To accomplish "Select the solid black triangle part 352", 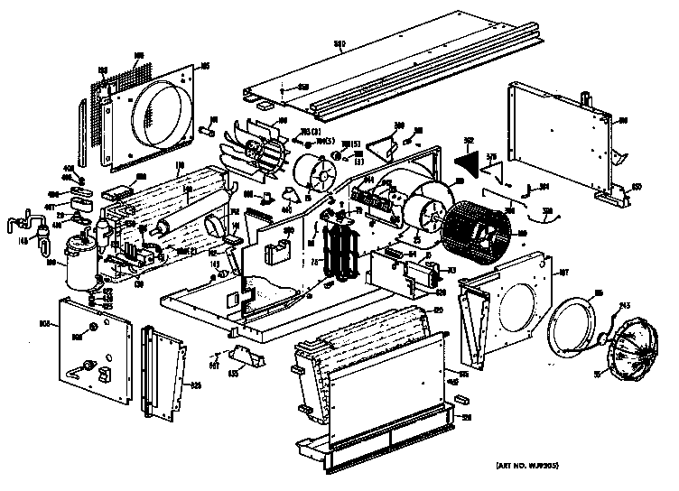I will (469, 162).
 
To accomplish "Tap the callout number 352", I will (470, 141).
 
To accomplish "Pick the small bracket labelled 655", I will (246, 357).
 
